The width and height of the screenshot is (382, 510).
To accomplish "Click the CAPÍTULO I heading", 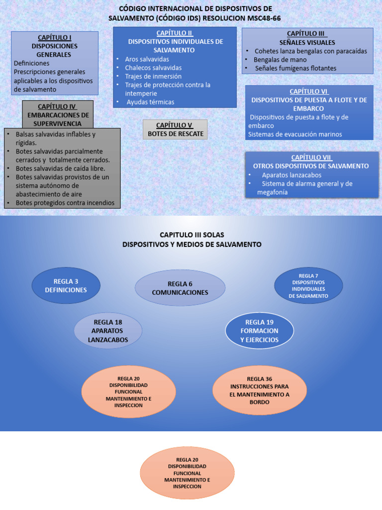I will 54,37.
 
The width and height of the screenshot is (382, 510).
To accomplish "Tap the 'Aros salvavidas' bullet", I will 147,59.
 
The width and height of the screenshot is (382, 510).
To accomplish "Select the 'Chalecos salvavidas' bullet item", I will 153,68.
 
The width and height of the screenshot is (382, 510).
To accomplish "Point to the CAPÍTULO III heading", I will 307,33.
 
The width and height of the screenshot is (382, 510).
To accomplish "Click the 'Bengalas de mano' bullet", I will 280,60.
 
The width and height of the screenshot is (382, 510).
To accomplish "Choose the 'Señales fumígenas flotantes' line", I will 295,68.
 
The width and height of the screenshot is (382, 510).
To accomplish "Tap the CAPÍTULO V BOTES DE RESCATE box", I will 174,129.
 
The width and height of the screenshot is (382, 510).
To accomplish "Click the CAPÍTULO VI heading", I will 309,91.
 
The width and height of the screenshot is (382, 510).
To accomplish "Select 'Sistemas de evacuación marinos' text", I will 294,134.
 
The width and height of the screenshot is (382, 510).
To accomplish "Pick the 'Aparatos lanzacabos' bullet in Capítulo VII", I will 291,175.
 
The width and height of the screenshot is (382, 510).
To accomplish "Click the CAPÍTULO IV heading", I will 57,107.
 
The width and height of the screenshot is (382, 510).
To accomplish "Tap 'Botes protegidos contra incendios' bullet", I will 65,203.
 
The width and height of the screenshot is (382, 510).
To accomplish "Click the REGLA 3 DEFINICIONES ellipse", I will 66,285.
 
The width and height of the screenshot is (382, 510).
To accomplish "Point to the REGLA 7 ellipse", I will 308,285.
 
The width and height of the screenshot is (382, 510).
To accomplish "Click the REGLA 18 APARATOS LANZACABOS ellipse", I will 108,331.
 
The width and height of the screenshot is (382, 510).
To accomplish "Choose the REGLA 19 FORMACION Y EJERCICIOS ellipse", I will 259,331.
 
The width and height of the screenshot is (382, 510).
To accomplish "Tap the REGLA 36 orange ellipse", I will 259,390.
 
